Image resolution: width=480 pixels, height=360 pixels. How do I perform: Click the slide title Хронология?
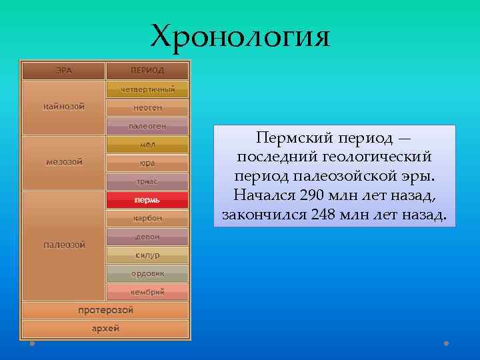point(240,37)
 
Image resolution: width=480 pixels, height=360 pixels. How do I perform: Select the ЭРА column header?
point(64,70)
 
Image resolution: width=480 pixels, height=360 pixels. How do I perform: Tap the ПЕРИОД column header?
point(147,70)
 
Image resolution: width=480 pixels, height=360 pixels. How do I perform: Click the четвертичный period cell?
point(147,89)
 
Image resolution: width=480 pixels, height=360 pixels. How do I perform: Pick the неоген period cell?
point(147,107)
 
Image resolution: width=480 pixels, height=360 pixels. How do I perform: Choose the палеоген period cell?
point(147,125)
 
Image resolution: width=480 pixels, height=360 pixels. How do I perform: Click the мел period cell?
point(147,144)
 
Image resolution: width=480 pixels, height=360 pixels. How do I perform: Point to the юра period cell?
point(147,163)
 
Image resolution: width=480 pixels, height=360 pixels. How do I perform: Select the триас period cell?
point(147,181)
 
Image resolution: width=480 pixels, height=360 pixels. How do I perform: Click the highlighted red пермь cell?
point(147,199)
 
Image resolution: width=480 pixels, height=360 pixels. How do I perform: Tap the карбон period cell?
point(147,218)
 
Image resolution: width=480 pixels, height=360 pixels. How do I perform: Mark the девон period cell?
point(147,236)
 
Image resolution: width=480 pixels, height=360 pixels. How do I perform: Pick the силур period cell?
point(147,255)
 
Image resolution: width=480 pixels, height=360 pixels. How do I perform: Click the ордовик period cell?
point(147,273)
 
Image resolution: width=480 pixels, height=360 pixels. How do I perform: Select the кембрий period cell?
point(147,291)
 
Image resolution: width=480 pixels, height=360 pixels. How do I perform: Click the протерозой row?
point(106,310)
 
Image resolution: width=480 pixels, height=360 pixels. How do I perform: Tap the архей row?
point(106,329)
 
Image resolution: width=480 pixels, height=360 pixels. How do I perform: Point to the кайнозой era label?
point(64,107)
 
